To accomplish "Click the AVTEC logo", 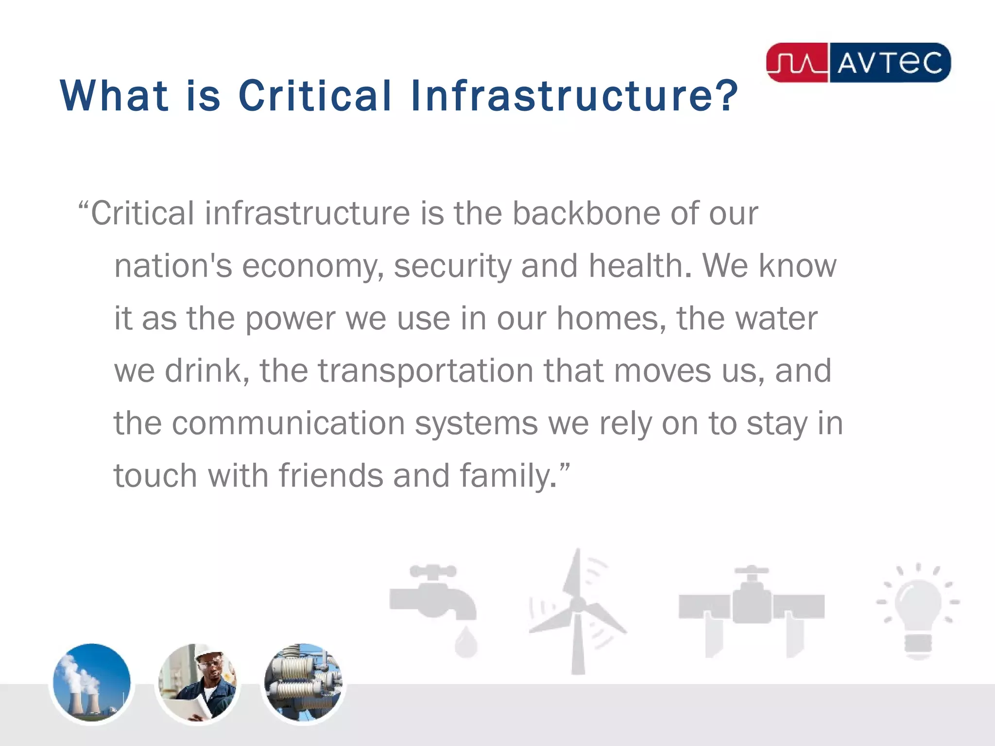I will [x=858, y=63].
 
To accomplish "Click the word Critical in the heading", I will [x=314, y=95].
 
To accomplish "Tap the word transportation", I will [x=425, y=372].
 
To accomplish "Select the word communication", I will [x=288, y=424].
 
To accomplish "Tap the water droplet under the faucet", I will [x=466, y=642].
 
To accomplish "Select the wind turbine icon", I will [x=577, y=612].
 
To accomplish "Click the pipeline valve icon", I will [x=752, y=607].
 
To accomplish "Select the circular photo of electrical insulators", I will [x=303, y=682].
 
